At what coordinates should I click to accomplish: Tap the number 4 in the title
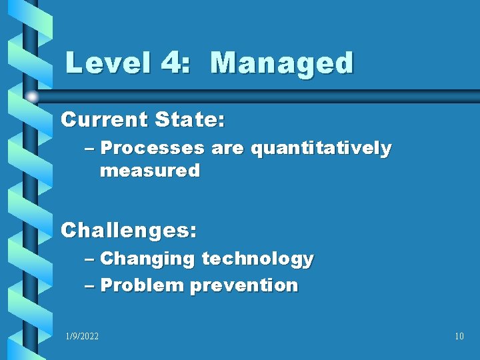172,64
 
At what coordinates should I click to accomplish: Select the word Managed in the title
281,64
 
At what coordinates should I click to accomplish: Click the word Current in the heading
104,120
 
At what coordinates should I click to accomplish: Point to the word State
190,120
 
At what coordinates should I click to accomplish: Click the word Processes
153,149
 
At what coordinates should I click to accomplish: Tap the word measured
149,171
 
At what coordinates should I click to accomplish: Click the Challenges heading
129,231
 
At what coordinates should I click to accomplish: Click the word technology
257,259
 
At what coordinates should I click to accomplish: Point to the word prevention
244,285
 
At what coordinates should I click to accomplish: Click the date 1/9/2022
82,336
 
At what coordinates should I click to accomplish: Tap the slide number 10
459,336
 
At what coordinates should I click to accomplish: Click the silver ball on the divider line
32,97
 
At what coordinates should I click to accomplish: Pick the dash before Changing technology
90,259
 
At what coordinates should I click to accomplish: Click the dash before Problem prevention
90,286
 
